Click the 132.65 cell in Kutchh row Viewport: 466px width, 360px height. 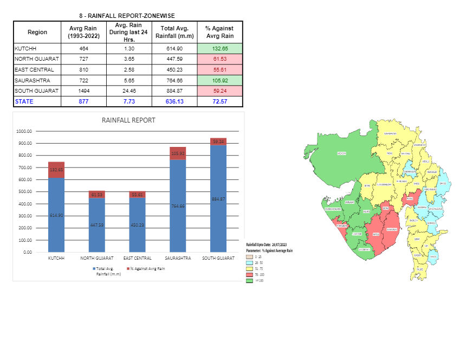[x=220, y=49]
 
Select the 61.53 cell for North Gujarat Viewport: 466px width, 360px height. [x=220, y=59]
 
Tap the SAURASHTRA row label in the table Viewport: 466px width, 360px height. [x=33, y=80]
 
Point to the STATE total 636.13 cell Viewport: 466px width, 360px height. [x=174, y=101]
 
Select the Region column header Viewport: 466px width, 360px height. [x=37, y=32]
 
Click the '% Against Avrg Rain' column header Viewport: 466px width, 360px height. [x=220, y=32]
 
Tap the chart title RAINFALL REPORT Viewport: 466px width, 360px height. [x=128, y=120]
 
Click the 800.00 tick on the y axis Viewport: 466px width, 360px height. [x=24, y=156]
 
